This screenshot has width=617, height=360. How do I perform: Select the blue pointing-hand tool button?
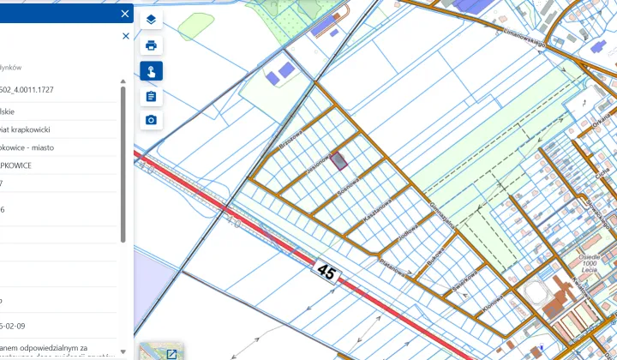(151, 70)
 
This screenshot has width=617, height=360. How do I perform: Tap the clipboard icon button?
(151, 95)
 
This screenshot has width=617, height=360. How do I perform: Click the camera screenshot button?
(151, 120)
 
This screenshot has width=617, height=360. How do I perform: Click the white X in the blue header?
(125, 14)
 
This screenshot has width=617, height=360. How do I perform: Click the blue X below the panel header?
(126, 36)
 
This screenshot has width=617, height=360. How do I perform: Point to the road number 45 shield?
(326, 272)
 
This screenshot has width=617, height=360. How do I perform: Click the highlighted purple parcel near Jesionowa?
(340, 159)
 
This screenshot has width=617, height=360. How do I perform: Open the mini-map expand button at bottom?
(171, 353)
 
